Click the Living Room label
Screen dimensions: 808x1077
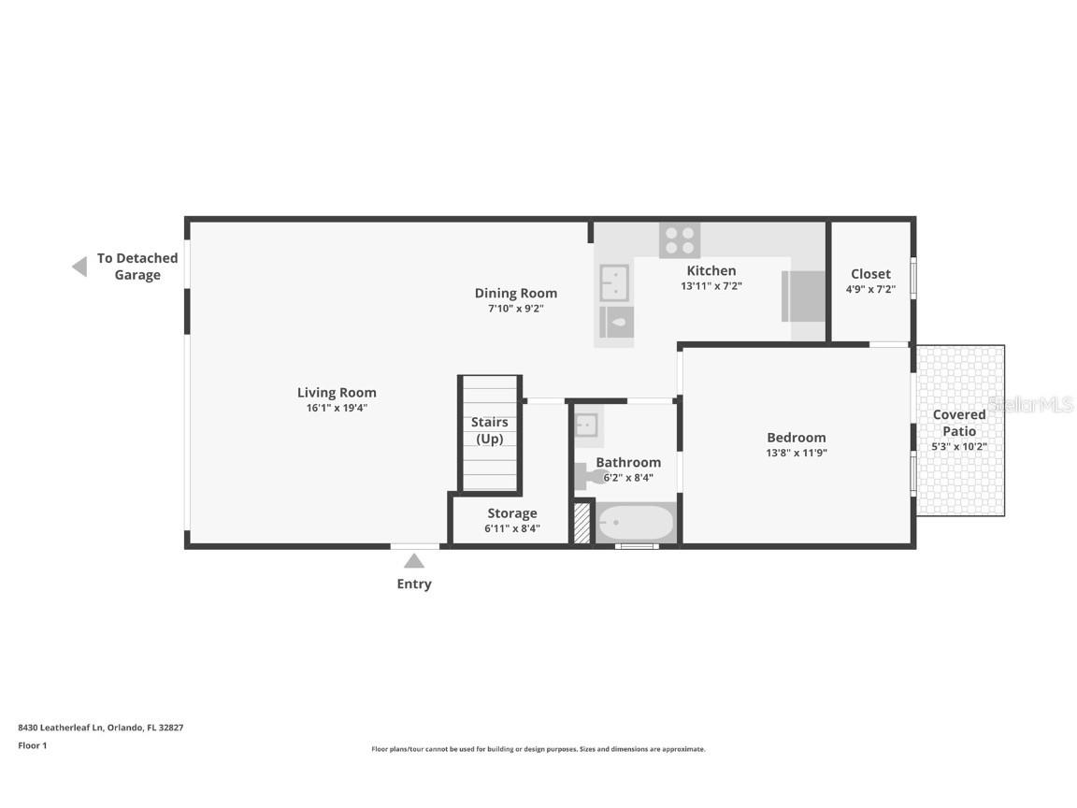(337, 393)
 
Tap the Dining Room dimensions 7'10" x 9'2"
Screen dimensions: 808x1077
(515, 308)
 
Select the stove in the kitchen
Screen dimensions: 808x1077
(680, 240)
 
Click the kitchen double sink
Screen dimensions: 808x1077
(614, 282)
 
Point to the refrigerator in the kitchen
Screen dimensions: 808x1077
(804, 296)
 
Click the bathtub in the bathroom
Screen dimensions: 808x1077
(636, 523)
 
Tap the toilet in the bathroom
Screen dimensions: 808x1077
(590, 476)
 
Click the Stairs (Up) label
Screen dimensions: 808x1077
(489, 430)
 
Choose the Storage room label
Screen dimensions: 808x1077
(511, 513)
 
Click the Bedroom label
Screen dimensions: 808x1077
(797, 438)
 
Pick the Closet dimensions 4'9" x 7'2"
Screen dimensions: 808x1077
(870, 290)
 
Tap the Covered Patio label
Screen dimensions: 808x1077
(959, 422)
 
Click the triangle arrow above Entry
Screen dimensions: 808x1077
(414, 561)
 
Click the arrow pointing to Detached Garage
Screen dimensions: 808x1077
(79, 267)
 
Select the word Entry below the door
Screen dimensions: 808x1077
(414, 584)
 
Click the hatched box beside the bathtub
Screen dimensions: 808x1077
(582, 524)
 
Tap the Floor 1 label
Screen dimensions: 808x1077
(32, 745)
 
